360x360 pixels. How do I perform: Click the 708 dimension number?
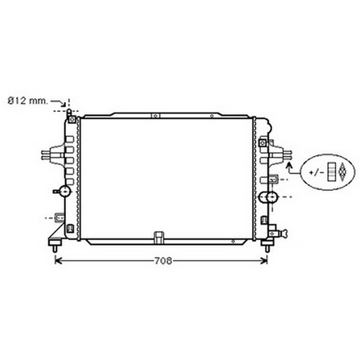click(x=163, y=261)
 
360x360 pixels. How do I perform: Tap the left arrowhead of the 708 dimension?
click(x=58, y=261)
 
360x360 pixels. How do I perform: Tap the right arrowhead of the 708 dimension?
click(x=264, y=261)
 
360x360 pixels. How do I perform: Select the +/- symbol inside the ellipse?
click(x=317, y=172)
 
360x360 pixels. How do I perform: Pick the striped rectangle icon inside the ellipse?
click(x=331, y=172)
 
